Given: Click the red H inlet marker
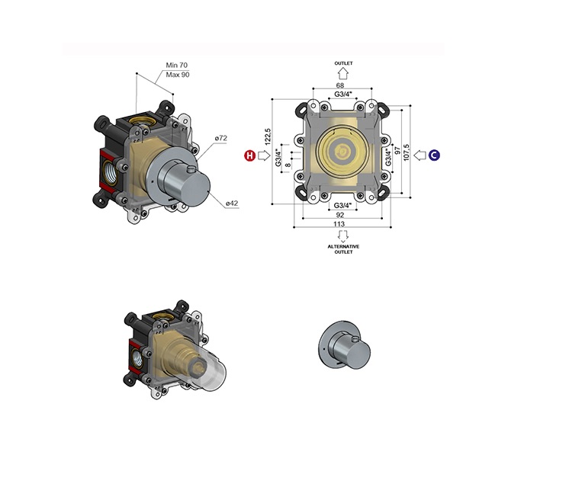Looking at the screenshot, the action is point(249,155).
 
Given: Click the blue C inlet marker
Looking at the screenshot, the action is point(434,155).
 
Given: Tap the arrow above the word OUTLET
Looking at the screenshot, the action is point(343,74).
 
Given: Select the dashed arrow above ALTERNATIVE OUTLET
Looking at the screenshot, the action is point(343,235).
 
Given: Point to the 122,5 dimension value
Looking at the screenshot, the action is point(268,136).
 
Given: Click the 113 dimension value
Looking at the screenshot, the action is point(339,224).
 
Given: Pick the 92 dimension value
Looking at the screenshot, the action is point(339,215).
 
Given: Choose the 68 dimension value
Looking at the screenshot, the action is point(340,85).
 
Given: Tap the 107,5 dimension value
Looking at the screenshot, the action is point(406,152).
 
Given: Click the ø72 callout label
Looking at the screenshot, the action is point(220,138).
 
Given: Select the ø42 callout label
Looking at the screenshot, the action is point(232,203).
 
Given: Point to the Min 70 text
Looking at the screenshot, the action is point(177,65).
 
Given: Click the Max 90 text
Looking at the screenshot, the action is point(178,75).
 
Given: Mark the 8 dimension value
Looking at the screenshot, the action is point(288,165).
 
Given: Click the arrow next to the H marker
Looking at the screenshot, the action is point(264,155).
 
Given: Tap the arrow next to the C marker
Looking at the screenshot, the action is point(420,155).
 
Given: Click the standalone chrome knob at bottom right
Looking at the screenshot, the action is point(345,344).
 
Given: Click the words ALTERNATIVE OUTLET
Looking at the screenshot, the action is point(343,249).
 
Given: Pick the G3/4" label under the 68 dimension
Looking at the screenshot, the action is point(343,95).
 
